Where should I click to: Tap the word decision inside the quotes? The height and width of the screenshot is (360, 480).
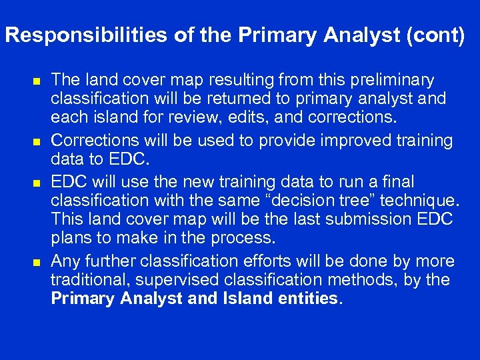(293, 200)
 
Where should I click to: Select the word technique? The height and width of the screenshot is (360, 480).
(417, 200)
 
